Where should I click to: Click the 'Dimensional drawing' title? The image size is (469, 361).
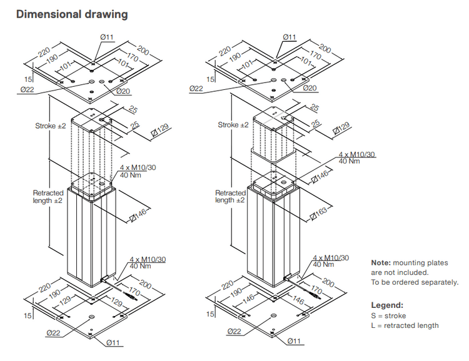pyautogui.click(x=72, y=14)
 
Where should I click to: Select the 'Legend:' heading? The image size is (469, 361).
pyautogui.click(x=387, y=305)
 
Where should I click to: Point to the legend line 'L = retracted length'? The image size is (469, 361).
pyautogui.click(x=405, y=325)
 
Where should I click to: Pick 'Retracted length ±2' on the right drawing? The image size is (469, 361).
pyautogui.click(x=229, y=197)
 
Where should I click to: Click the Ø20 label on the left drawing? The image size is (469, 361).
pyautogui.click(x=124, y=91)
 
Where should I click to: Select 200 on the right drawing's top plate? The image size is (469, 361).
pyautogui.click(x=325, y=47)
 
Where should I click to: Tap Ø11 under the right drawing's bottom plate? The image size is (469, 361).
pyautogui.click(x=294, y=341)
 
